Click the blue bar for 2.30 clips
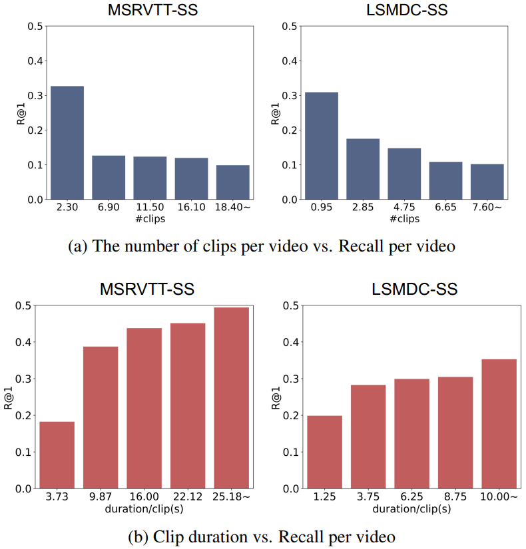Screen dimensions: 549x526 [x=67, y=142]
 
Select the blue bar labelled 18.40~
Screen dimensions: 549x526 [x=233, y=182]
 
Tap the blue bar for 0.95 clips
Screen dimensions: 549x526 [x=322, y=146]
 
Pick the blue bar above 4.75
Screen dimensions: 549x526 [x=404, y=174]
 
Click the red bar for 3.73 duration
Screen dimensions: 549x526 [x=57, y=455]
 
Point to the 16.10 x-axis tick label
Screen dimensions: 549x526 [x=192, y=208]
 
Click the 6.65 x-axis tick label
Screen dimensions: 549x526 [x=445, y=208]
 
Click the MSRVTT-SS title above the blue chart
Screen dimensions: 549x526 [x=150, y=10]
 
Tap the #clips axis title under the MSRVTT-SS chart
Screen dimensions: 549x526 [x=150, y=219]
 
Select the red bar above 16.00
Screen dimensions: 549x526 [x=144, y=409]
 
